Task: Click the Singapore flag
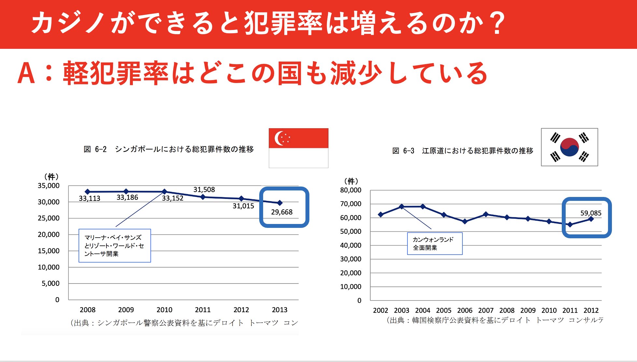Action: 298,148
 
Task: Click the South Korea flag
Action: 569,147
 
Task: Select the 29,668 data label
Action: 282,212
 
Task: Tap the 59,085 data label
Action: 591,213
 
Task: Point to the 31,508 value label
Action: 204,190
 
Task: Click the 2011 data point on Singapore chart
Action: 203,197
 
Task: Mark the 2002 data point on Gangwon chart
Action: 380,215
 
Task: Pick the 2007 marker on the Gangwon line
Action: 486,214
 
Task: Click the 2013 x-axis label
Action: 279,310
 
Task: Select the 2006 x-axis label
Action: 465,311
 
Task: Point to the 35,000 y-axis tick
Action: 49,186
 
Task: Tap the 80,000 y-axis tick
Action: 351,190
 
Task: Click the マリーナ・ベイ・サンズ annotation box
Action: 115,246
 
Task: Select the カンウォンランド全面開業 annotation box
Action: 435,244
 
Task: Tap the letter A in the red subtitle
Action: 26,73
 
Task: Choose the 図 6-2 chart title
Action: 169,149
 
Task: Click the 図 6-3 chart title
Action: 463,151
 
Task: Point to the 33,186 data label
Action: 127,198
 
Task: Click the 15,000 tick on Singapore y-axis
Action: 49,251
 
